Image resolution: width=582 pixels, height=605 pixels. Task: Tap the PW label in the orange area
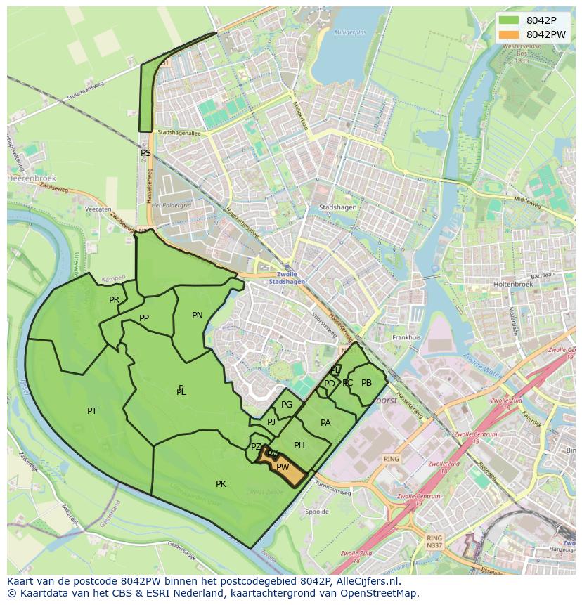(x=283, y=467)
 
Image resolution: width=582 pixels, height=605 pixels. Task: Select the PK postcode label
(x=221, y=484)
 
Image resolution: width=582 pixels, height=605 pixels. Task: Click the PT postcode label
(x=92, y=411)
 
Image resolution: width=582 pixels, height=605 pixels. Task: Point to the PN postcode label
(x=198, y=315)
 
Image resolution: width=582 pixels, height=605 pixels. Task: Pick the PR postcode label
(x=114, y=300)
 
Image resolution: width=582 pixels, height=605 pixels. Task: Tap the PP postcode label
(x=144, y=318)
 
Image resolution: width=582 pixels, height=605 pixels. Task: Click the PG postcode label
(x=287, y=405)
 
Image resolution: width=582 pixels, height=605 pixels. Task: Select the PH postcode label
(x=299, y=445)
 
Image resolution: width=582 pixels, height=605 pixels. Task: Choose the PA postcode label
(x=325, y=423)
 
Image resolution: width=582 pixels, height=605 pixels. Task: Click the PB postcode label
(x=366, y=383)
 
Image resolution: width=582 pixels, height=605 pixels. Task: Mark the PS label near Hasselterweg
(x=145, y=153)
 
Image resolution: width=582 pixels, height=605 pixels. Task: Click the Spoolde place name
(x=317, y=512)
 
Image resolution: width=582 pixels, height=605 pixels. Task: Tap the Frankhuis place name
(x=406, y=337)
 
